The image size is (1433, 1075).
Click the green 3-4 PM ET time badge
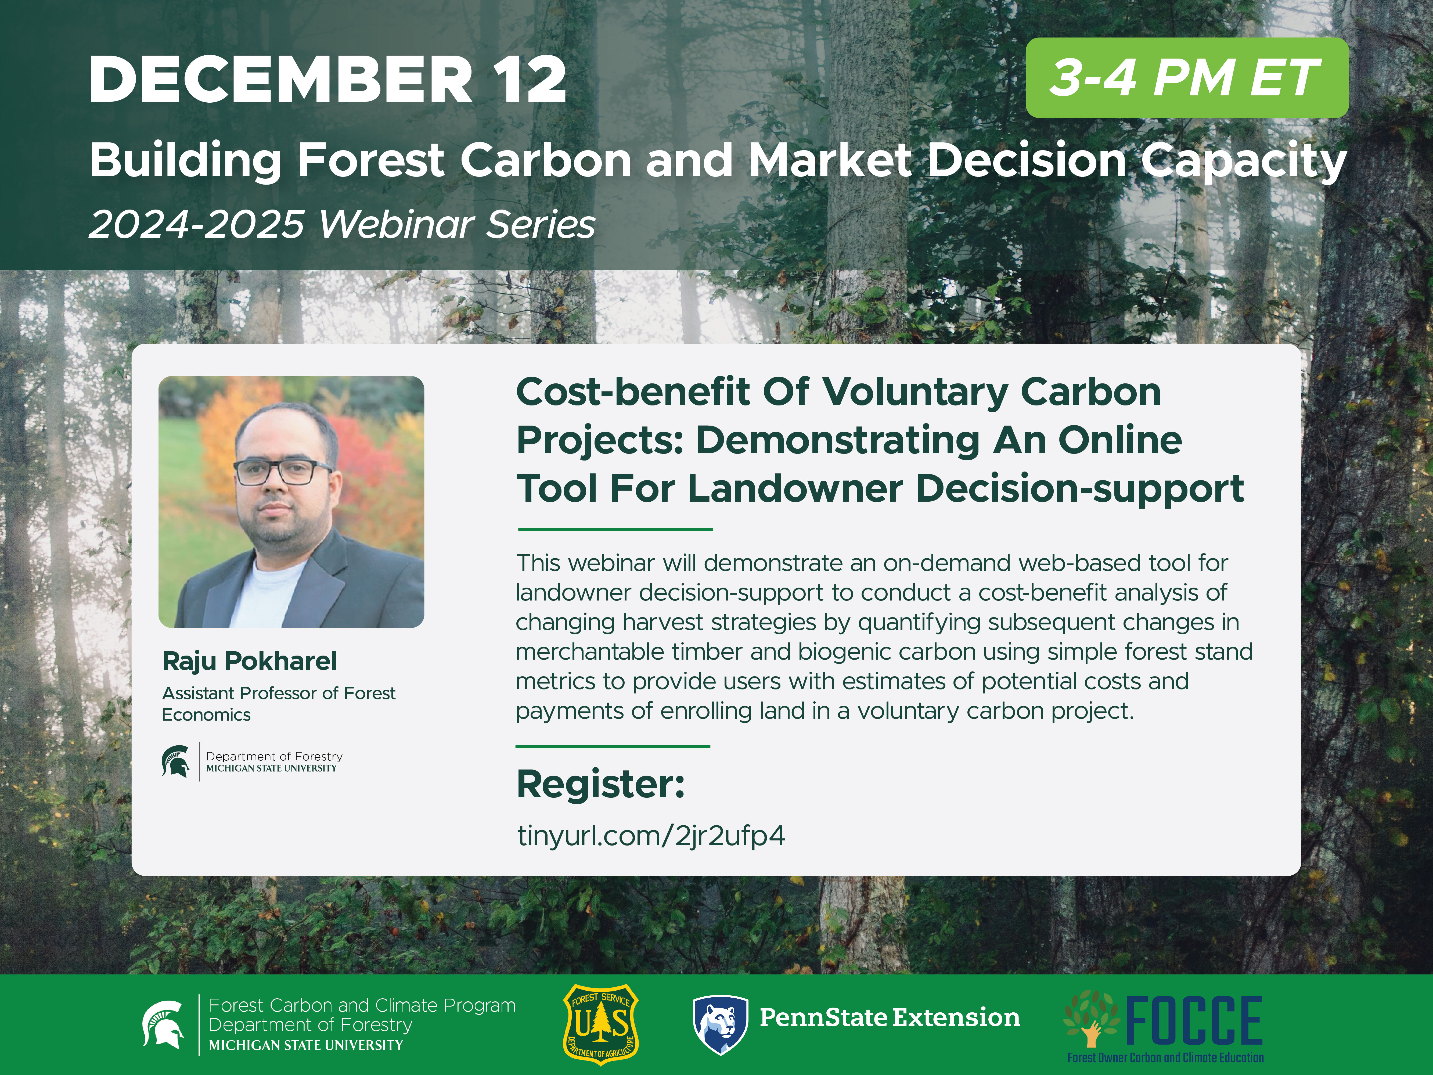coord(1187,78)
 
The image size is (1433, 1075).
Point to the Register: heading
coord(600,785)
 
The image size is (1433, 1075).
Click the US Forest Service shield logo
coord(600,1025)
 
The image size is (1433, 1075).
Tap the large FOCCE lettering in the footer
coord(1194,1020)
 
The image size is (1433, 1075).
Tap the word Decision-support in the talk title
coord(1079,489)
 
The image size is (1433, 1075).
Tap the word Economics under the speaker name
coord(206,715)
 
